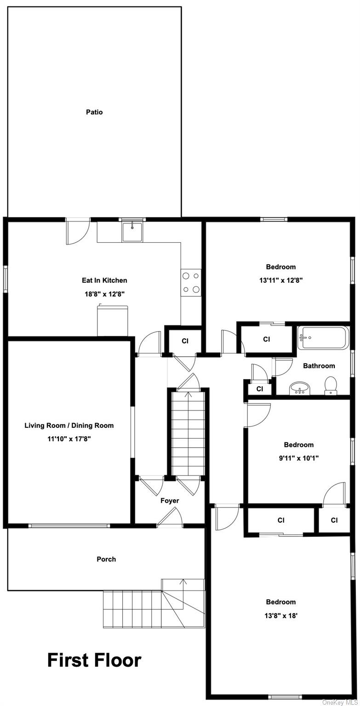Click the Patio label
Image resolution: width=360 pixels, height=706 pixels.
coord(94,112)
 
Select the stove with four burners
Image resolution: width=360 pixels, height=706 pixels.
coord(191,282)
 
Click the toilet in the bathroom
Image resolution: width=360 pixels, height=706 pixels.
coord(330,385)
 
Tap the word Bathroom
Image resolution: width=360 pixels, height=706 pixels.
coord(319,366)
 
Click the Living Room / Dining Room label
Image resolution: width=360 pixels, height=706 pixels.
coord(69,426)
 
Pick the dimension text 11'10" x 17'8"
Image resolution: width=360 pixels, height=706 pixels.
coord(69,439)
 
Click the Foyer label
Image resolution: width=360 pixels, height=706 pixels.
coord(170,501)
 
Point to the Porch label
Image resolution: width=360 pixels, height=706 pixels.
coord(106,559)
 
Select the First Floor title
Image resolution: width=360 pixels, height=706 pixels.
coord(94,660)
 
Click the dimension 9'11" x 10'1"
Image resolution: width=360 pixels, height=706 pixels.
coord(298,458)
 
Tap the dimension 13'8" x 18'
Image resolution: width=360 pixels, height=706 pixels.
coord(280,615)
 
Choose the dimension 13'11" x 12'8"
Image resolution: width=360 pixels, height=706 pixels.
coord(280,280)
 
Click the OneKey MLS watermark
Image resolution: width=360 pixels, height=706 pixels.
coord(340,702)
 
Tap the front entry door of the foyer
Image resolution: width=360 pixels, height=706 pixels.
coord(170,519)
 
